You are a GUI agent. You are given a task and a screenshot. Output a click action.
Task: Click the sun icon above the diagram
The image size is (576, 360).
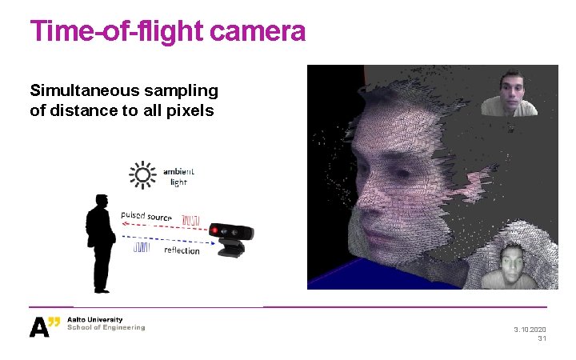143,175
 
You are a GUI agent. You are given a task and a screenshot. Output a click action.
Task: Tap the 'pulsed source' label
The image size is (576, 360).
146,216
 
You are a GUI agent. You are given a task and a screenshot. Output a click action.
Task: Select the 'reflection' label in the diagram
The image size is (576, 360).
182,250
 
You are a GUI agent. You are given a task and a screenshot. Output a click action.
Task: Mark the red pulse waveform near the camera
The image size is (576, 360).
191,219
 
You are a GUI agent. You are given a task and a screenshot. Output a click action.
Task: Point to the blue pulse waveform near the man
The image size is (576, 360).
142,247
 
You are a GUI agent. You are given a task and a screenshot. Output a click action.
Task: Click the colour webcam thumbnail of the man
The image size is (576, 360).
509,93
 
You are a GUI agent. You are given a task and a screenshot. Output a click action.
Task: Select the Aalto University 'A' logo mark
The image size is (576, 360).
40,327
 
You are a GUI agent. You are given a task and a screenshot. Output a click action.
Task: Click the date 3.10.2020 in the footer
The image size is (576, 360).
530,330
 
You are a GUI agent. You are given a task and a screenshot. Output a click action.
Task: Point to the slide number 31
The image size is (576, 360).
542,339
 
